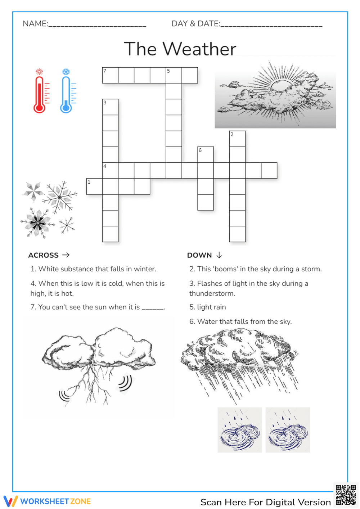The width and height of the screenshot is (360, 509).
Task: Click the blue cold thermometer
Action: [x=66, y=92]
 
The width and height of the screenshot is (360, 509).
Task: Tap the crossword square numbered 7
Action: [x=110, y=75]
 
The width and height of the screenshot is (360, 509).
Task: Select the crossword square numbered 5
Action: [x=174, y=75]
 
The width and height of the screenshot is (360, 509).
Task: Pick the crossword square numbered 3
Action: [x=110, y=107]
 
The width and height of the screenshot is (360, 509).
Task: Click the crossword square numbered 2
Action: [x=237, y=139]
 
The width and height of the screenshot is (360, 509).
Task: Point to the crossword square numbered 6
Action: [x=206, y=154]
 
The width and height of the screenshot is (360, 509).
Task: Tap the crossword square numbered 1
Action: [x=94, y=186]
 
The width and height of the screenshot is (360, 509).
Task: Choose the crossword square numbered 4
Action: [x=110, y=170]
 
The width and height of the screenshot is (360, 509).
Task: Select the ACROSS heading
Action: [x=44, y=255]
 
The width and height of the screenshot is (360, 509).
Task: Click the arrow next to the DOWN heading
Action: [x=219, y=255]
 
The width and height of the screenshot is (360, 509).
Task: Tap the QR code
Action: [x=346, y=495]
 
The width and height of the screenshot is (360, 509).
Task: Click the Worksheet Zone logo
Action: [x=47, y=501]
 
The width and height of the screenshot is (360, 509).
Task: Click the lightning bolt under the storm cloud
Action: [x=90, y=387]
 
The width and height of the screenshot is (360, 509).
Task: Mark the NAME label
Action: [x=35, y=24]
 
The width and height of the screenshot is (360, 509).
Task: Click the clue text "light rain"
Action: [x=211, y=307]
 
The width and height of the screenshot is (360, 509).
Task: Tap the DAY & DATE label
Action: [x=195, y=24]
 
